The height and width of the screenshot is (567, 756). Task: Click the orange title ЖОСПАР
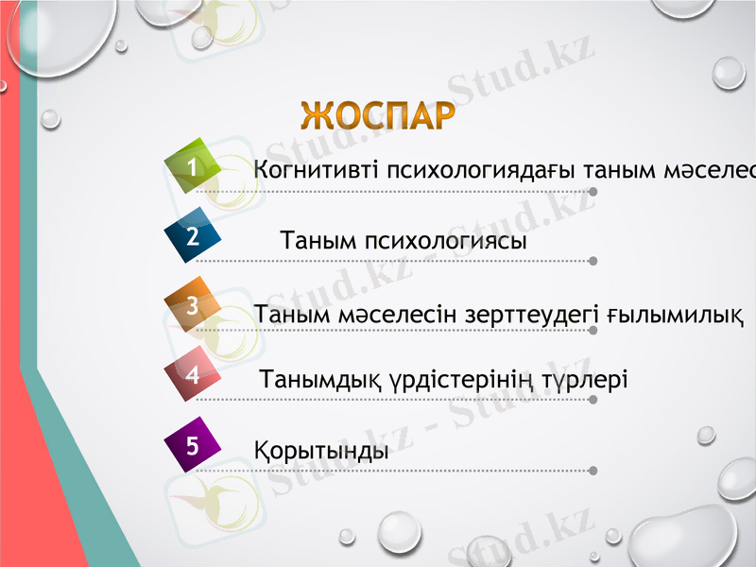click(377, 115)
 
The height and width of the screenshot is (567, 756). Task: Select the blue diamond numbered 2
click(193, 236)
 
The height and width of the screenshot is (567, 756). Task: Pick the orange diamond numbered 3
click(193, 306)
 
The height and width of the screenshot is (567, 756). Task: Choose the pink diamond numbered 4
click(193, 375)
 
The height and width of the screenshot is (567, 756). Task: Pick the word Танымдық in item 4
click(319, 380)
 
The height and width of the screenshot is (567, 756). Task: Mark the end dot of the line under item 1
click(593, 191)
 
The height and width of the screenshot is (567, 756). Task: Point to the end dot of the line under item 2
click(593, 260)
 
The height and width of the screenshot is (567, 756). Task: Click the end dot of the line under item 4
click(593, 400)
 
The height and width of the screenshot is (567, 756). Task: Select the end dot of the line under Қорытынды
click(593, 470)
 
